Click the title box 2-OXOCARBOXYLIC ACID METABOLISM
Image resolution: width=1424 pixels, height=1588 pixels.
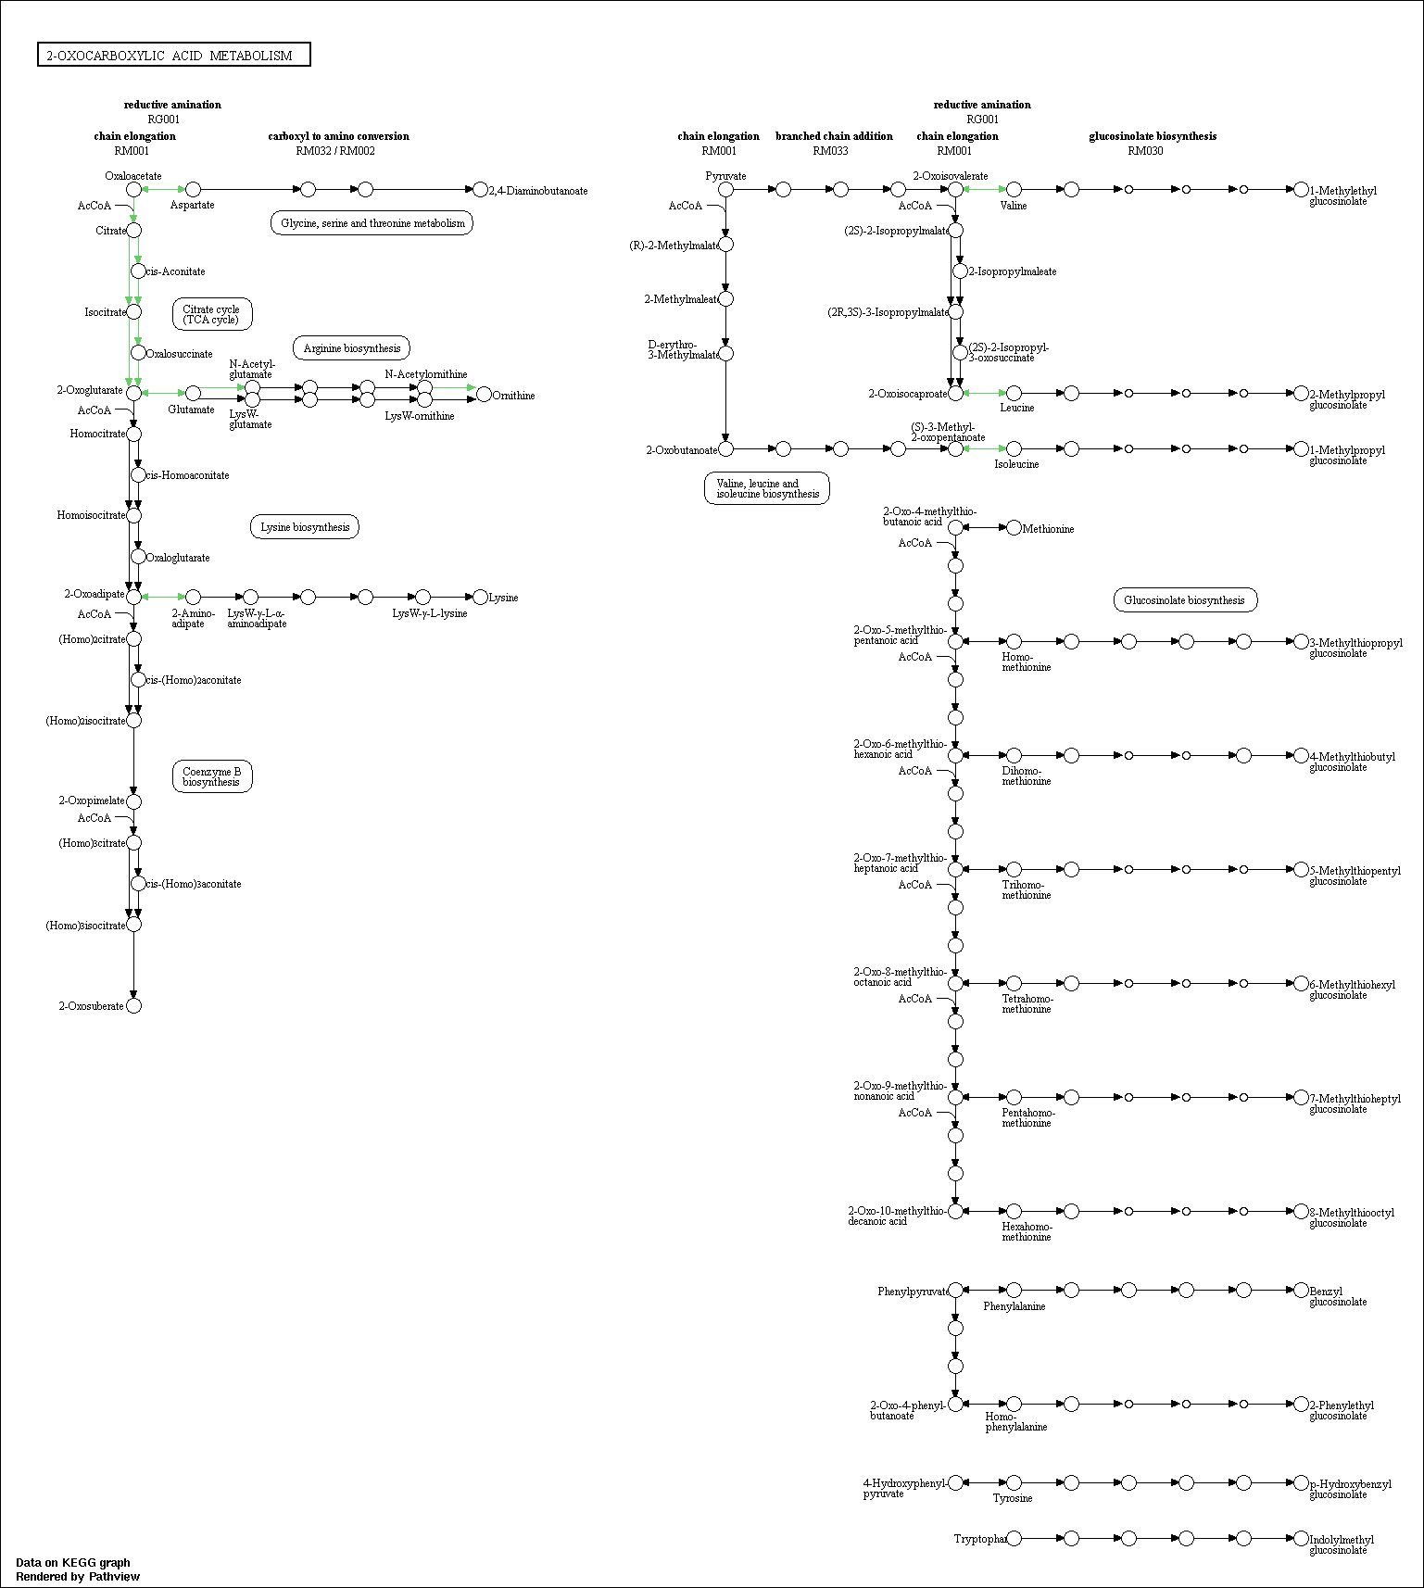point(174,55)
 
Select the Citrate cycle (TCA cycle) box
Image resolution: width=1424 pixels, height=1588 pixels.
point(212,314)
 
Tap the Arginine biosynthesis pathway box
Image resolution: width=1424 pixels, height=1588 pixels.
point(352,348)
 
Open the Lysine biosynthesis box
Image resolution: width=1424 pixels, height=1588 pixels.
point(305,527)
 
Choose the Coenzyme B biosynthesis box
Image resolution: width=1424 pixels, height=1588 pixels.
point(212,776)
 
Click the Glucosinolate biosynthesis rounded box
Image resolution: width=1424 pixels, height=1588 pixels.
point(1185,600)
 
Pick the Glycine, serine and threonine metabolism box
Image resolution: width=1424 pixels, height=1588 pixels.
point(372,223)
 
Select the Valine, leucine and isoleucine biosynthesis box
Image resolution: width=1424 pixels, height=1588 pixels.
point(767,488)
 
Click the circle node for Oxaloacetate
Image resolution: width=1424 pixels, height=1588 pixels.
point(134,190)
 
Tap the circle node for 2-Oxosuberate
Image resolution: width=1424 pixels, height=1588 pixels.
point(134,1006)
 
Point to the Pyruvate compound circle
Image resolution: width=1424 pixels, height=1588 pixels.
point(726,190)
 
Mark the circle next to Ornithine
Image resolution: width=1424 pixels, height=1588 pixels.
point(484,396)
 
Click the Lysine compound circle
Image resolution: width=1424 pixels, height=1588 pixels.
point(481,598)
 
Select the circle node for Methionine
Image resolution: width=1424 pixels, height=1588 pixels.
point(1014,528)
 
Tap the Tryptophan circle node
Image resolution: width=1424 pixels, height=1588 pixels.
point(1014,1539)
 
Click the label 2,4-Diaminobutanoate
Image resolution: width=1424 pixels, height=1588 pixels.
point(538,191)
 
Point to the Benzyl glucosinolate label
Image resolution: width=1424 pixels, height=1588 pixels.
point(1338,1296)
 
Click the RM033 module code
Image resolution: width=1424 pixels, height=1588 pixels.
point(830,151)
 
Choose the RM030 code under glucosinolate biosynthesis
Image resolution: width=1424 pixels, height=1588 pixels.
point(1145,151)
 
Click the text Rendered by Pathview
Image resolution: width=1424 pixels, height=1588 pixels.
point(78,1577)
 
